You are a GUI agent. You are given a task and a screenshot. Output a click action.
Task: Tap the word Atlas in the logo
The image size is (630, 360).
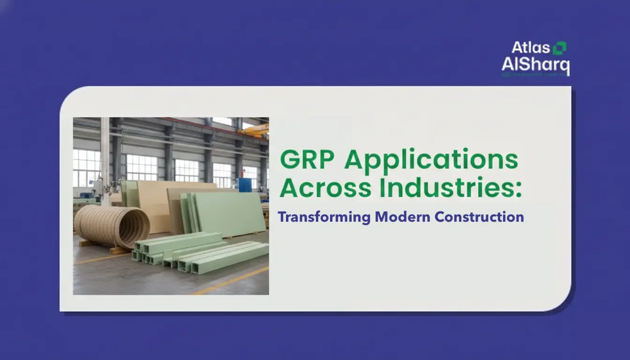530,48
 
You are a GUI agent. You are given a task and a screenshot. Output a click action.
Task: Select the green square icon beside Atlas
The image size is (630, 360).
560,47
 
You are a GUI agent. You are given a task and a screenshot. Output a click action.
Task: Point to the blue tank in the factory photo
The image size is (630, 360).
245,184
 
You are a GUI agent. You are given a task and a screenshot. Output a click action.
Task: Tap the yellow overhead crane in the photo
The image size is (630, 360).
255,130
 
